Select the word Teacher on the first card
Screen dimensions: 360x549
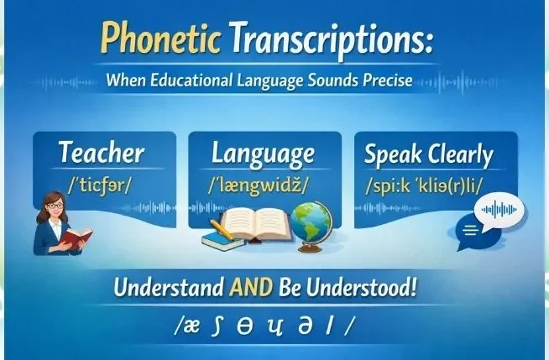[x=102, y=153]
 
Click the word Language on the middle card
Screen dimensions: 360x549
[x=263, y=153]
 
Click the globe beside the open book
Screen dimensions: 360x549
[x=312, y=224]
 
